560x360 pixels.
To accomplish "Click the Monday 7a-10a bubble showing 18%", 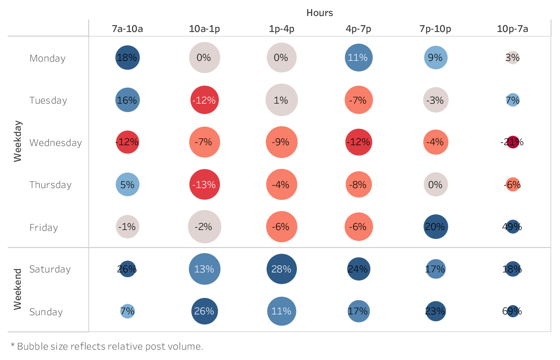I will (x=127, y=58).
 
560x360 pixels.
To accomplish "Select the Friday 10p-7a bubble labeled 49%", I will (x=512, y=227).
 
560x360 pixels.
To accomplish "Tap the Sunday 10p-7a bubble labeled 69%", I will (x=512, y=311).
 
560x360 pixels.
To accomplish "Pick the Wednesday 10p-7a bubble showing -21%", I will (x=512, y=142).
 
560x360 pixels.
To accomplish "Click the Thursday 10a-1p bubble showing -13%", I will (x=204, y=184).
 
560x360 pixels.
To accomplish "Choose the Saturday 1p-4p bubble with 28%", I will (x=282, y=269).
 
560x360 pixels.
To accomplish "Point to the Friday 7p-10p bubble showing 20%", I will (x=436, y=227).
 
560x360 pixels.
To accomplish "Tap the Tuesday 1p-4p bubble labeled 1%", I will (x=282, y=100).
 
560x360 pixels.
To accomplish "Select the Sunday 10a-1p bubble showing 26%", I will (x=204, y=311).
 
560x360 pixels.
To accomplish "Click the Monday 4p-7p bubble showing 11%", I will (x=358, y=58).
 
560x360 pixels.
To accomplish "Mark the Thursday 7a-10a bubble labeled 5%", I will (x=127, y=184).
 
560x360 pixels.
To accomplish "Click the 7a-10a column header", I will (x=127, y=29).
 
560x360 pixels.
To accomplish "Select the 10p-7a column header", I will (x=512, y=29).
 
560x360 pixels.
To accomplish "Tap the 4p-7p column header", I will (x=358, y=29).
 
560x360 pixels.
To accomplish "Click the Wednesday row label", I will (x=56, y=143).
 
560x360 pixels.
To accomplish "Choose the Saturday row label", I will (x=50, y=269).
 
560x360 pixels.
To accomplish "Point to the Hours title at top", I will (x=320, y=13).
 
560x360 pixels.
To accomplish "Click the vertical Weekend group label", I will (x=18, y=289).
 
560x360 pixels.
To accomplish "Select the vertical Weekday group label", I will (x=18, y=141).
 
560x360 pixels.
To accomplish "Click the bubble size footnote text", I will (x=107, y=346).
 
